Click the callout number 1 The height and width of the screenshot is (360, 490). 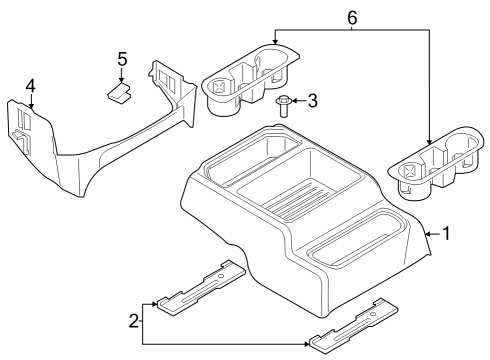point(447,234)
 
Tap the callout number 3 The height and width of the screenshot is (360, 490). point(312,100)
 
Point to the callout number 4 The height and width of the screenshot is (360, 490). point(31,86)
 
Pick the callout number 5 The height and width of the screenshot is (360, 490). point(121,59)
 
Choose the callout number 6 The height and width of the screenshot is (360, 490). point(351,17)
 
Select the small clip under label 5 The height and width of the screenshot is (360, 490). point(121,92)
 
